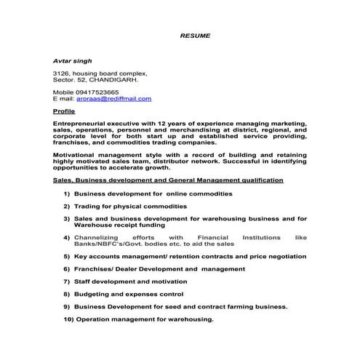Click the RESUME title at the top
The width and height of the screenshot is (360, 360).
pyautogui.click(x=195, y=34)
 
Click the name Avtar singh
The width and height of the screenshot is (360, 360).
pyautogui.click(x=71, y=61)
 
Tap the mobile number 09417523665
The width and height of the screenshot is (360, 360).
pyautogui.click(x=99, y=92)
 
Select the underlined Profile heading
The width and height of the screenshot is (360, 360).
pyautogui.click(x=64, y=112)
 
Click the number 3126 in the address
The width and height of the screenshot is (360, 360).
pyautogui.click(x=62, y=73)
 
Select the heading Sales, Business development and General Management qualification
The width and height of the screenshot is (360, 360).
pyautogui.click(x=169, y=180)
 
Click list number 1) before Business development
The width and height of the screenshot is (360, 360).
pyautogui.click(x=67, y=194)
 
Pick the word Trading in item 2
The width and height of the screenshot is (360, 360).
pyautogui.click(x=89, y=207)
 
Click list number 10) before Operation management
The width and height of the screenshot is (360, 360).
pyautogui.click(x=68, y=319)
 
